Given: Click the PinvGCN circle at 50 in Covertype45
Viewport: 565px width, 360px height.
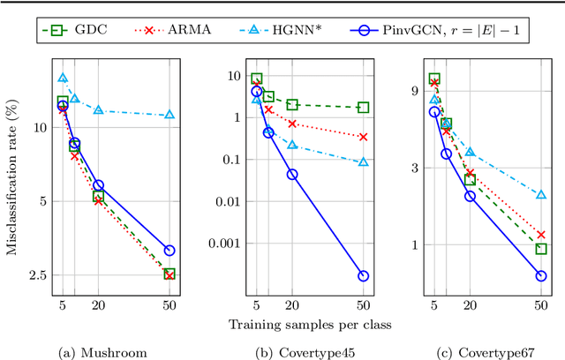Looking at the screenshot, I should pos(363,275).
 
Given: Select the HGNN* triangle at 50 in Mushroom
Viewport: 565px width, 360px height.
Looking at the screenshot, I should pos(169,115).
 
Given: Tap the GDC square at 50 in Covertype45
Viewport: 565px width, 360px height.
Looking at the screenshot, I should pos(363,108).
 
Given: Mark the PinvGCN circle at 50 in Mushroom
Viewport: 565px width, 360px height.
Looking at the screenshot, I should pos(169,251).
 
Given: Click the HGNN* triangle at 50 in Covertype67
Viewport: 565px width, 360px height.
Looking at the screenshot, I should pos(540,194).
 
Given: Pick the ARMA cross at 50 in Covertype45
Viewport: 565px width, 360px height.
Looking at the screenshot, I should pos(363,137).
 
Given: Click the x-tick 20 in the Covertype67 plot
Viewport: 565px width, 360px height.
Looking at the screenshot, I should pos(470,305).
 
